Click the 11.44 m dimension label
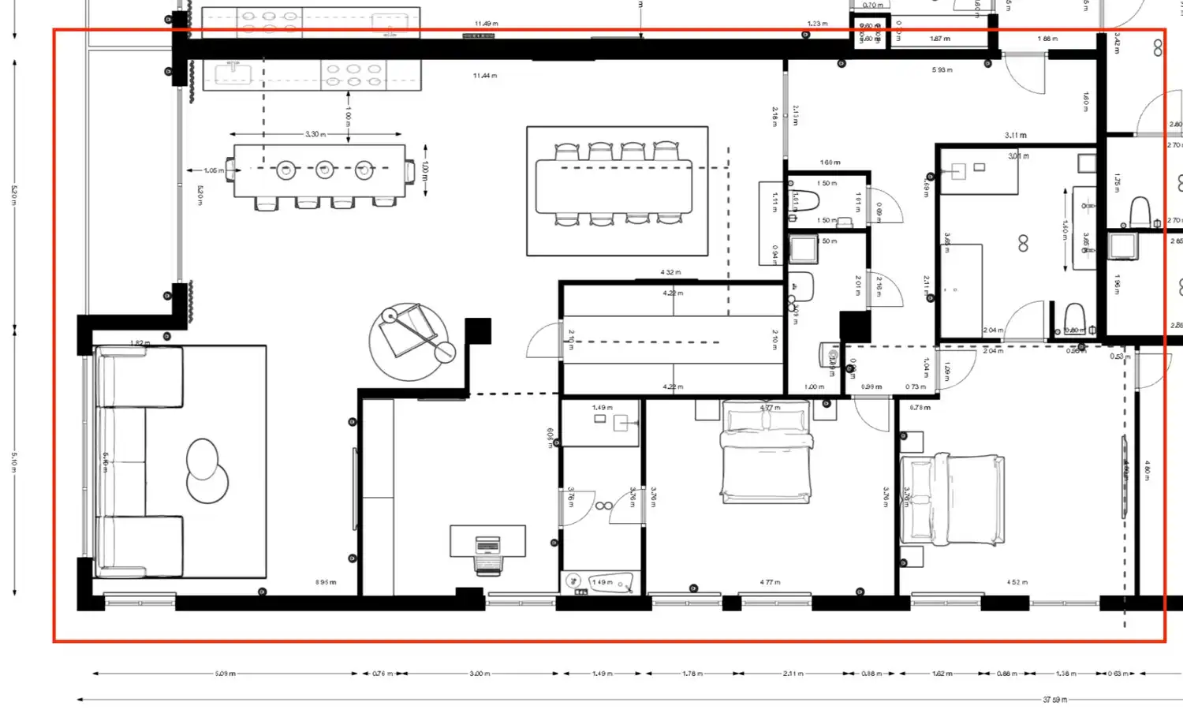click(x=485, y=76)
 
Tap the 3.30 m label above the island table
click(x=315, y=134)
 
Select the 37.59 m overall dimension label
click(x=1054, y=700)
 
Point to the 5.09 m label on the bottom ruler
click(x=225, y=674)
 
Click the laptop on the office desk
click(x=488, y=545)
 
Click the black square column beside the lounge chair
click(x=478, y=330)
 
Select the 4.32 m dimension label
click(x=670, y=272)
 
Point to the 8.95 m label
click(x=326, y=582)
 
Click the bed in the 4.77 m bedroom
click(x=767, y=452)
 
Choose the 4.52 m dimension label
click(x=1017, y=582)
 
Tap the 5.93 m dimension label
click(x=942, y=70)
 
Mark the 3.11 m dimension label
click(x=1016, y=136)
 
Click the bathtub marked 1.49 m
click(x=601, y=583)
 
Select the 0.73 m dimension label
click(x=916, y=386)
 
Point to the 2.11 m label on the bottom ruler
click(x=793, y=674)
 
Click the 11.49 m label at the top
click(x=486, y=24)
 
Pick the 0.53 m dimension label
click(x=1120, y=357)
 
